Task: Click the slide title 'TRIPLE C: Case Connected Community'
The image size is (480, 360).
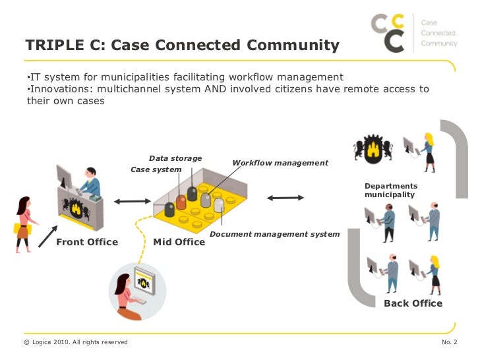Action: tap(182, 45)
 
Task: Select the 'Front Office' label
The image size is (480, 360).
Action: tap(87, 242)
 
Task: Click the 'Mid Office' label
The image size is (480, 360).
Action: tap(179, 242)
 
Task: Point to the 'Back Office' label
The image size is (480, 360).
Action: tap(413, 303)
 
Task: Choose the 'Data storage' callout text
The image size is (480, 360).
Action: tap(175, 158)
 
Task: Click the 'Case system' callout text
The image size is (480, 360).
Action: tap(156, 169)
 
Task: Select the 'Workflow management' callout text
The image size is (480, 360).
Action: tap(280, 163)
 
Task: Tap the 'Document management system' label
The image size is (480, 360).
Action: tap(274, 234)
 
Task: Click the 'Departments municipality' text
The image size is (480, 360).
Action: tap(391, 191)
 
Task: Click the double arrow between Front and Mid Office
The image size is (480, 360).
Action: tap(133, 200)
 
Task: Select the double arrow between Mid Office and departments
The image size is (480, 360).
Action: tap(285, 197)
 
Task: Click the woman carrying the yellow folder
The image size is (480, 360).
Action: tap(24, 224)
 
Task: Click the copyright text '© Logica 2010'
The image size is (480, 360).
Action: tap(75, 342)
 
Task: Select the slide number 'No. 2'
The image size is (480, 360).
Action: tap(448, 342)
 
